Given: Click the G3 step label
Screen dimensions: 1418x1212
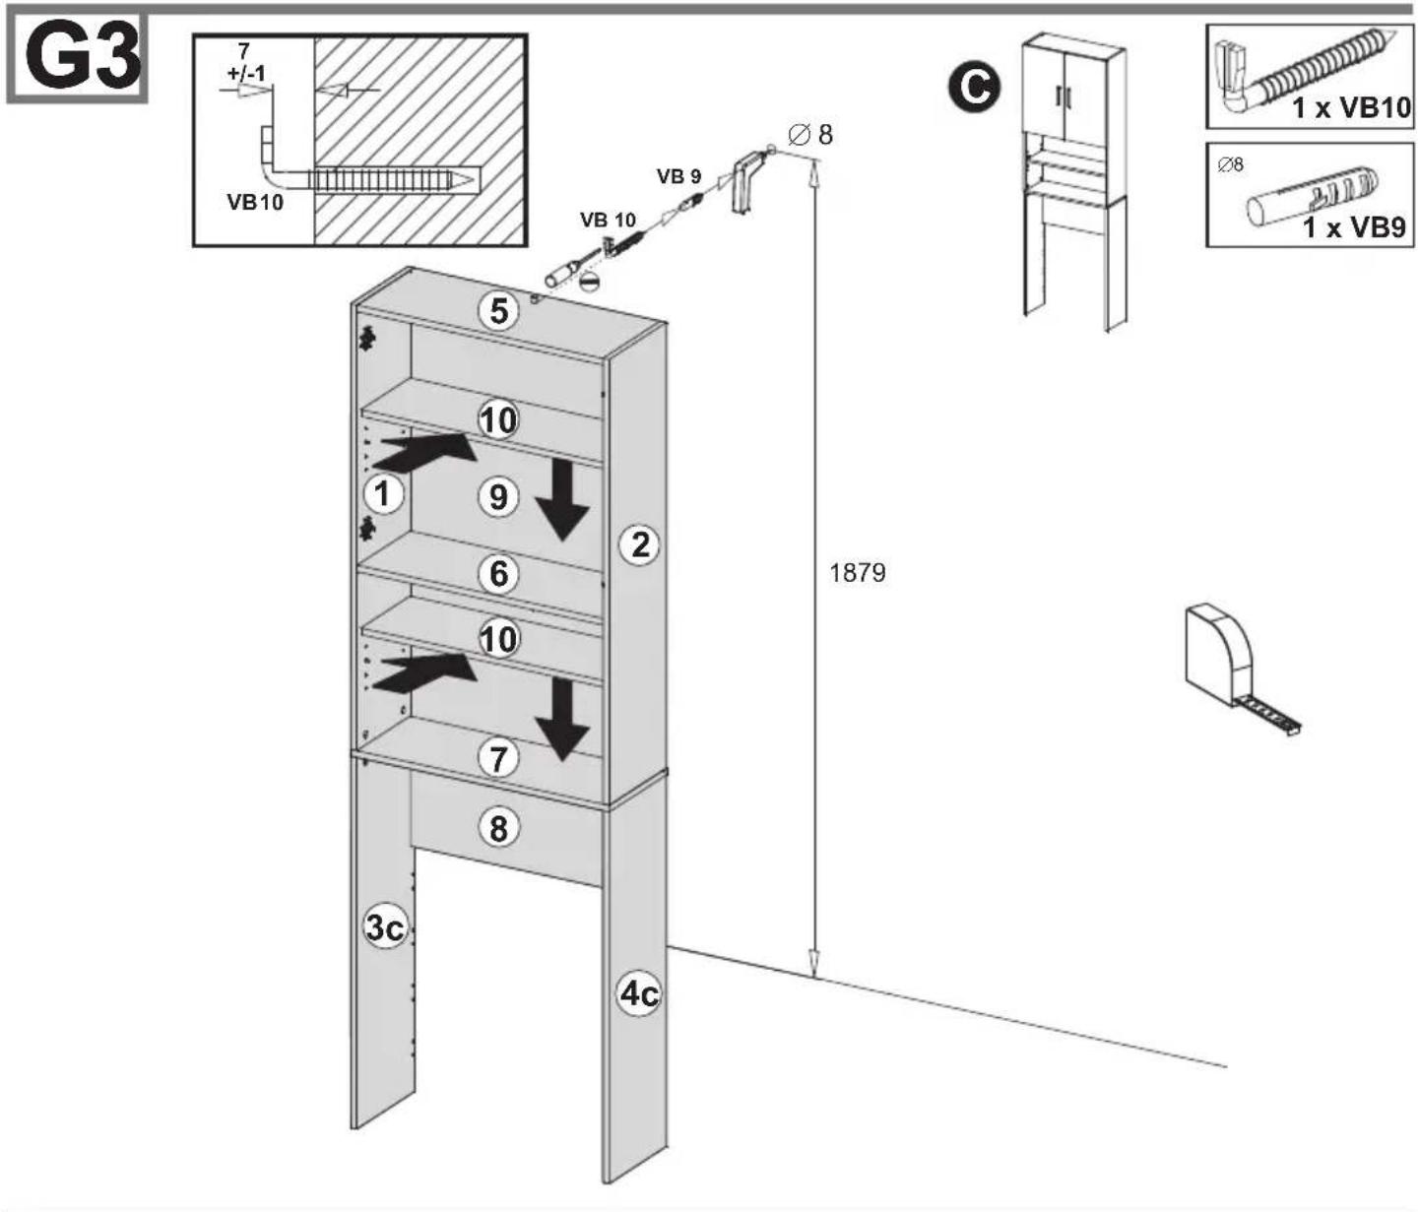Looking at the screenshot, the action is [82, 59].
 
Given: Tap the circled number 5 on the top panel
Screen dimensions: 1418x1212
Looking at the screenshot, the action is [498, 311].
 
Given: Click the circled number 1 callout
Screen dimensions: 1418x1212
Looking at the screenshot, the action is [383, 493].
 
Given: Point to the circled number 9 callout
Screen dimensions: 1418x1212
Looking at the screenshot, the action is [498, 496].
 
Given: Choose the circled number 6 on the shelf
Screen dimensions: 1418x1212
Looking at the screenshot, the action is [498, 573].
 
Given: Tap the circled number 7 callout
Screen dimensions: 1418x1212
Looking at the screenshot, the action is [498, 758].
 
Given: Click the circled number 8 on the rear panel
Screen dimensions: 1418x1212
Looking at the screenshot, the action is [498, 828].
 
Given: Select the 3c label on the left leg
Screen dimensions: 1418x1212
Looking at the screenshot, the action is [385, 928].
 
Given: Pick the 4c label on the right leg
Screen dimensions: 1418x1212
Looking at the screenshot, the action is [639, 993].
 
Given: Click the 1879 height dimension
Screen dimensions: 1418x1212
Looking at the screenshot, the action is [858, 573].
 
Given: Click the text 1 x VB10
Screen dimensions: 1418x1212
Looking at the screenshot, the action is [1351, 107].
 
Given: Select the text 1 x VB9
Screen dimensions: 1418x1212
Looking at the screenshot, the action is [1355, 227].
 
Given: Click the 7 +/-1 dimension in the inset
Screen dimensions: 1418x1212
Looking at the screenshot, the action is [245, 62].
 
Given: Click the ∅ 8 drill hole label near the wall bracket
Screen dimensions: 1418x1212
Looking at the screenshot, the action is [810, 135].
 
